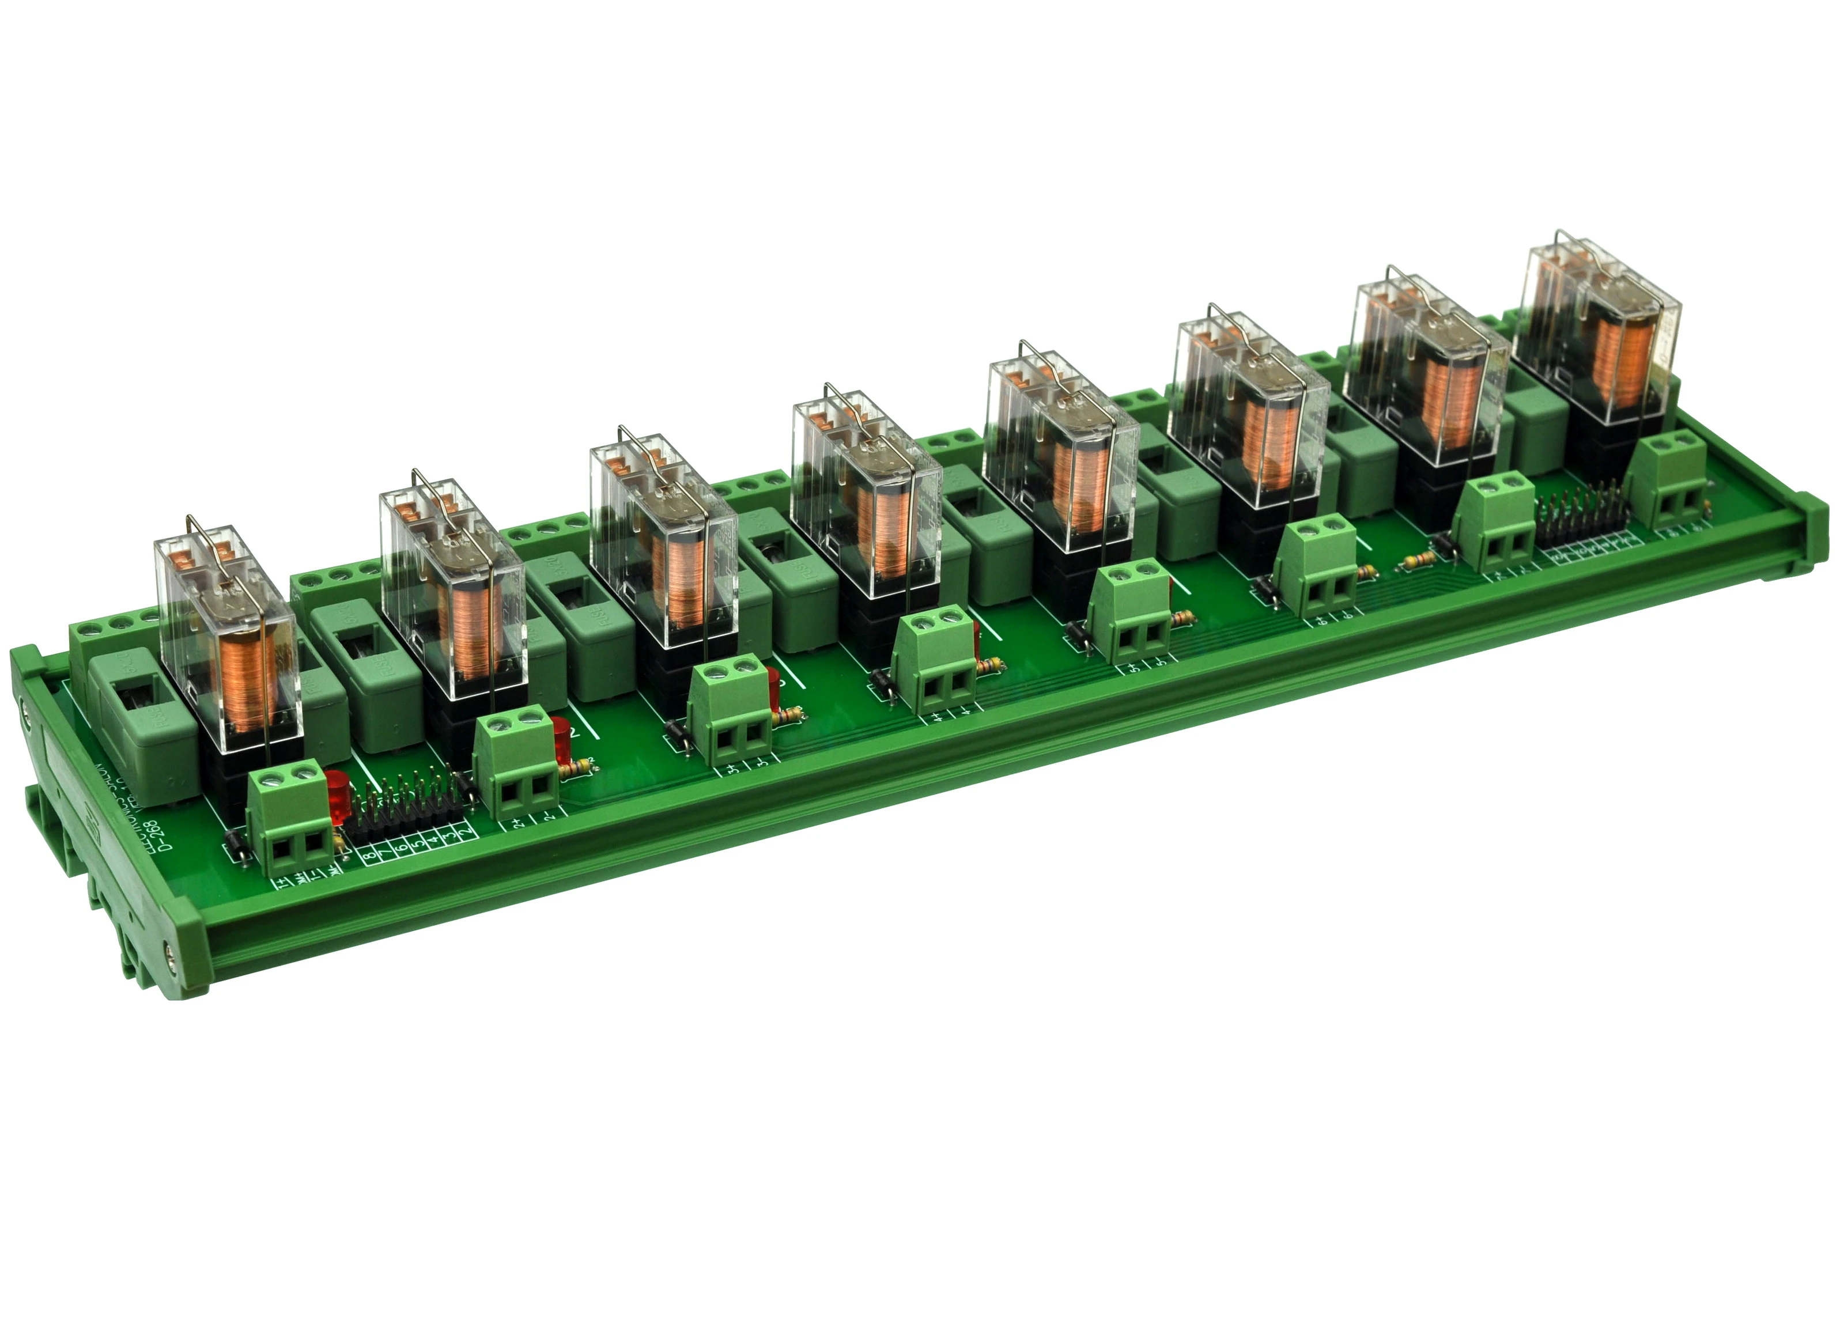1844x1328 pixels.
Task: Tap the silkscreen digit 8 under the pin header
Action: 371,856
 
